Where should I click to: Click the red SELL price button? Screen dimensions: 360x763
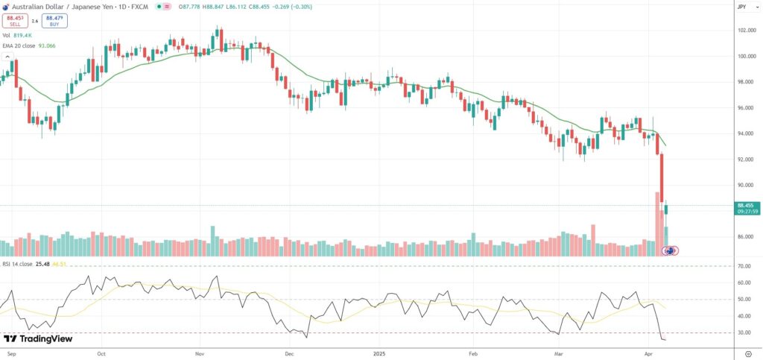coord(15,21)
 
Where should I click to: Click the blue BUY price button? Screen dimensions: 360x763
coord(54,21)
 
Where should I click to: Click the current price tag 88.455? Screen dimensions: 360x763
coord(746,204)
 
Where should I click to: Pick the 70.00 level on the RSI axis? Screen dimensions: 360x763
coord(743,266)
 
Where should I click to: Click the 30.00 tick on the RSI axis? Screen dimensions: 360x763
coord(743,332)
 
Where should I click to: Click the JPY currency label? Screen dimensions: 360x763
coord(742,6)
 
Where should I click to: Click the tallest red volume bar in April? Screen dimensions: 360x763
coord(658,224)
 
